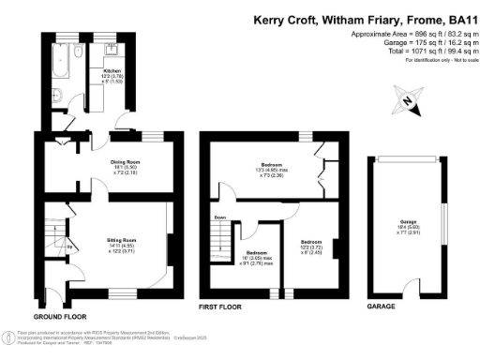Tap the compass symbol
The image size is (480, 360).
coord(411,101)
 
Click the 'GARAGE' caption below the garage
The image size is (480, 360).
coord(380,307)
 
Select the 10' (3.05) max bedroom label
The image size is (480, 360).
coord(258,257)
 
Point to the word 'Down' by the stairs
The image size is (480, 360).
coord(220,217)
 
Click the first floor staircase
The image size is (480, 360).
coord(222,248)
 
